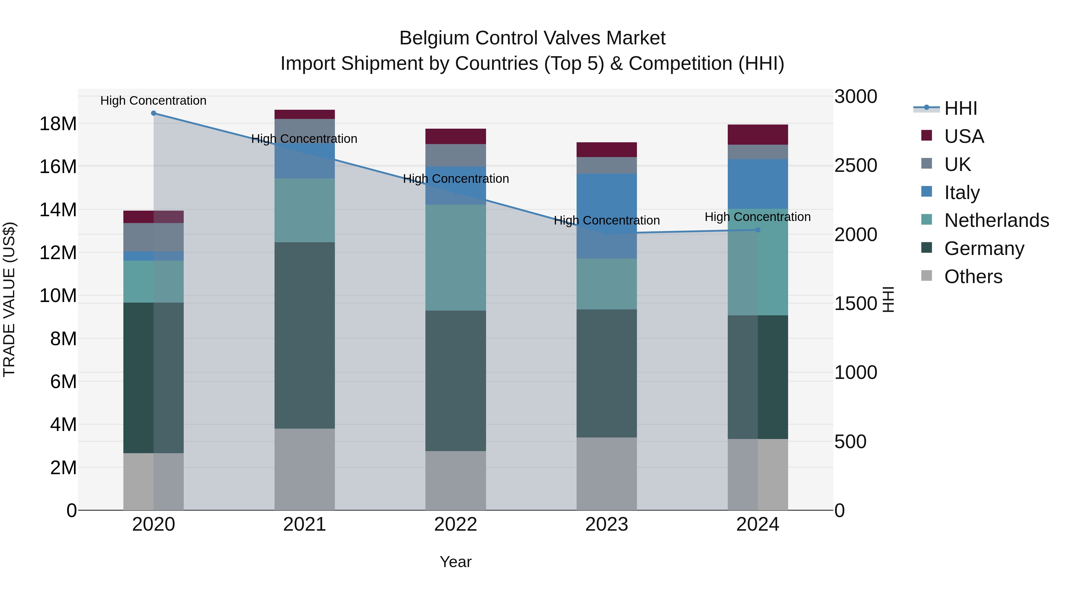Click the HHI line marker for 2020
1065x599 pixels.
click(153, 113)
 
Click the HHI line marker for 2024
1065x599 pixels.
click(757, 230)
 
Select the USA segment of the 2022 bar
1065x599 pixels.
click(455, 136)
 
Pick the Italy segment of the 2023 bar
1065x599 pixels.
click(606, 216)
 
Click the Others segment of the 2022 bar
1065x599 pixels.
click(455, 480)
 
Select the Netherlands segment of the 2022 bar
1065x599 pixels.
click(455, 258)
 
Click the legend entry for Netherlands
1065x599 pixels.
click(996, 220)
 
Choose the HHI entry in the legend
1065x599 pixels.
click(960, 108)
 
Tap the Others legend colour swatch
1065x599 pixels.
click(927, 276)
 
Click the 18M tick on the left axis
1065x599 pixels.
click(58, 124)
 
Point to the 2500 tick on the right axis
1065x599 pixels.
click(855, 165)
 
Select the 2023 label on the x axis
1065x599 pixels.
click(606, 524)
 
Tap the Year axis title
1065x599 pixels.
click(455, 562)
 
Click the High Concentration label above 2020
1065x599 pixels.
click(153, 101)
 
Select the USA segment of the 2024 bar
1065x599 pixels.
click(757, 134)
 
